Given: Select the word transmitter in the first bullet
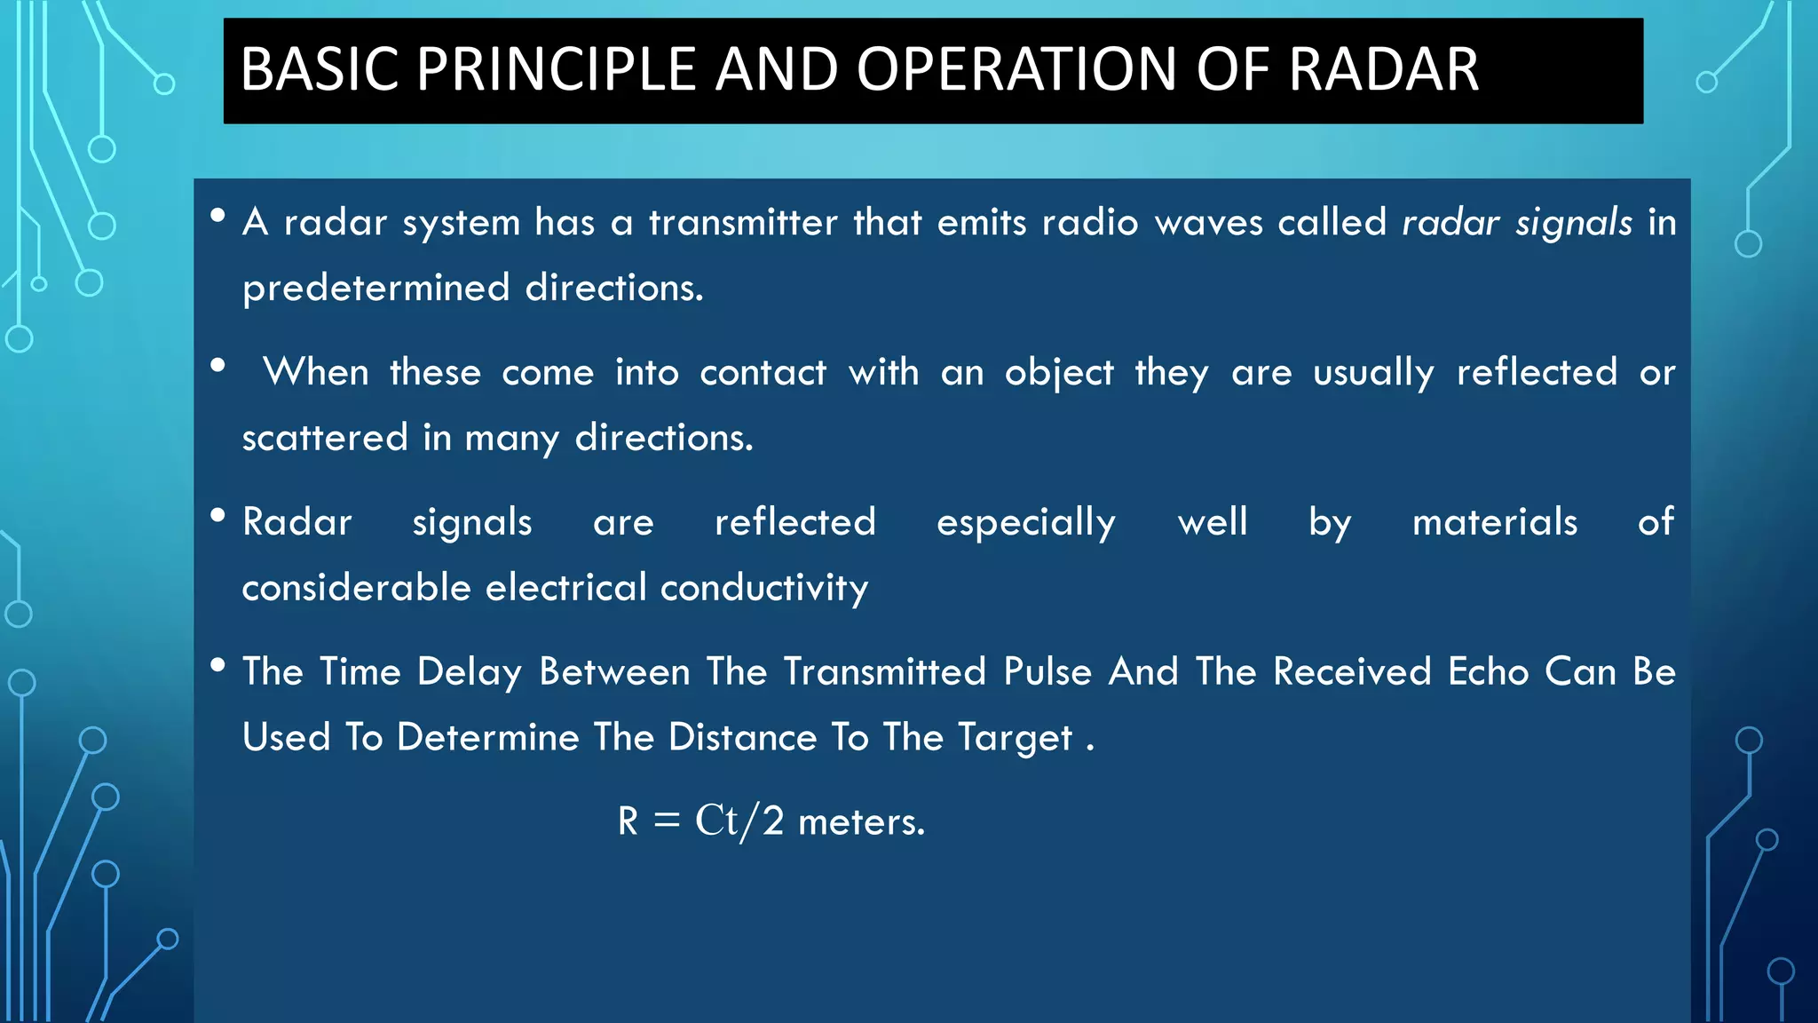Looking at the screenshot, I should pyautogui.click(x=742, y=222).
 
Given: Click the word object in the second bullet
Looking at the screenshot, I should pyautogui.click(x=1058, y=373).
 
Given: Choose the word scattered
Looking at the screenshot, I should pyautogui.click(x=324, y=438).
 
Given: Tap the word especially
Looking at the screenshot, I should pyautogui.click(x=1025, y=523).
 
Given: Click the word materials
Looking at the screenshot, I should pyautogui.click(x=1494, y=522).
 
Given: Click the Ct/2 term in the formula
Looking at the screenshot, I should pyautogui.click(x=739, y=821).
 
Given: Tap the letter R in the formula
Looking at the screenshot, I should pyautogui.click(x=628, y=821).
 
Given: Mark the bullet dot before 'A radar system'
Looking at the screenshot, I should pyautogui.click(x=217, y=216).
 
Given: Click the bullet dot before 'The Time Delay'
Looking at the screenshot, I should pyautogui.click(x=217, y=665).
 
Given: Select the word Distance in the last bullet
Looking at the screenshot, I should pyautogui.click(x=742, y=738).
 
